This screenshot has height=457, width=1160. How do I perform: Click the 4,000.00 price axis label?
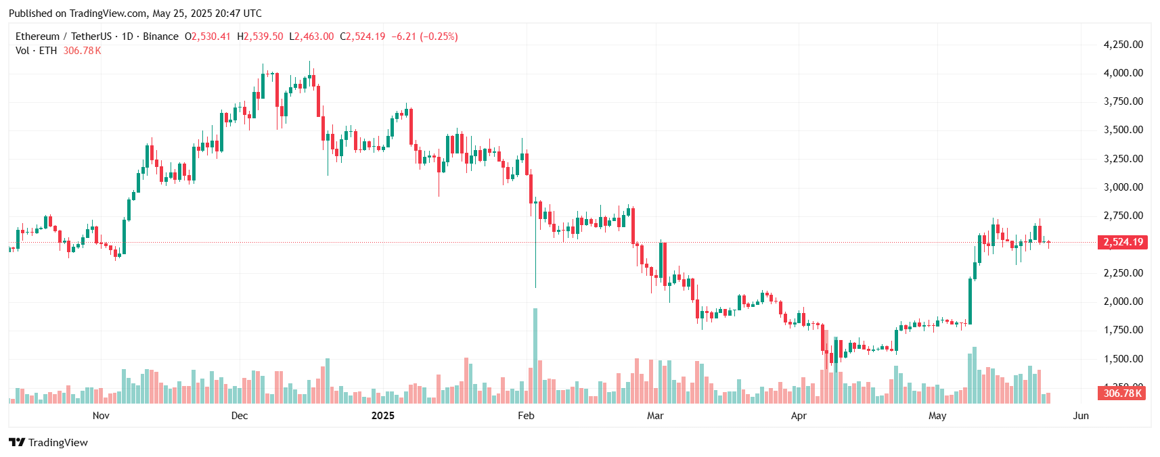click(x=1123, y=73)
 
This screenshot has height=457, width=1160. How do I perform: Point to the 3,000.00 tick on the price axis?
click(x=1123, y=187)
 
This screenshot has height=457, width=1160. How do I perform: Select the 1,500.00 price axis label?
click(x=1123, y=359)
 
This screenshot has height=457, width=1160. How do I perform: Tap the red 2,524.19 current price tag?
click(x=1123, y=242)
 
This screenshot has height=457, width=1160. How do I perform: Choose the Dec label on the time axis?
click(x=240, y=416)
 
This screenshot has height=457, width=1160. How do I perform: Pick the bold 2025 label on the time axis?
click(x=383, y=416)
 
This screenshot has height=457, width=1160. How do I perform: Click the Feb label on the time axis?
click(x=526, y=416)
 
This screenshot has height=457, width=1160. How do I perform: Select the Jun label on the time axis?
click(x=1081, y=416)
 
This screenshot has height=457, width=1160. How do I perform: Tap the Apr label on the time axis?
click(x=799, y=416)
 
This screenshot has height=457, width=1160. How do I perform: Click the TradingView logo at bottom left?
click(x=49, y=443)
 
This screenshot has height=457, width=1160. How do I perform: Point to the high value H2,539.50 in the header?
click(x=261, y=37)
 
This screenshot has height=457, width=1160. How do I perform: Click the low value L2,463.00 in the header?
click(x=311, y=37)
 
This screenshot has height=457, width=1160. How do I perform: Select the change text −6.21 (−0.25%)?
click(x=424, y=37)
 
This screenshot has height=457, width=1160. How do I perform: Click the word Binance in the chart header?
click(x=160, y=37)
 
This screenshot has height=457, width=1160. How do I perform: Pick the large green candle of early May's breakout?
click(x=971, y=301)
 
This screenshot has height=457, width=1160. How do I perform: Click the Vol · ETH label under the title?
click(x=37, y=51)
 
